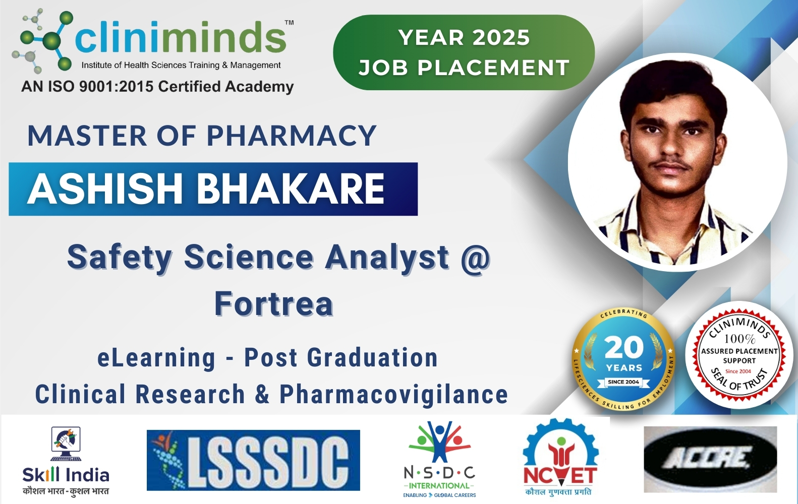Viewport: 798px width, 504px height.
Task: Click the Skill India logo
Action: tap(66, 460)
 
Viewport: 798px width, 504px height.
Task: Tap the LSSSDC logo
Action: tap(253, 460)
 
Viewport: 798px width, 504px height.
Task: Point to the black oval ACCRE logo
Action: tap(710, 459)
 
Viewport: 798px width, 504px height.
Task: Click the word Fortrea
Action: tap(274, 303)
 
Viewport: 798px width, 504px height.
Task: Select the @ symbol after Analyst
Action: tap(475, 258)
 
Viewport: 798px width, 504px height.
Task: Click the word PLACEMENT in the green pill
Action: tap(493, 68)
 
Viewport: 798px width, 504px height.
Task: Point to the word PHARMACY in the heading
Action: tap(291, 136)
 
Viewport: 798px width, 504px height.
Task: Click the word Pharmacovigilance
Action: tap(393, 394)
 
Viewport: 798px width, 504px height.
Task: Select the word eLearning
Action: tap(156, 358)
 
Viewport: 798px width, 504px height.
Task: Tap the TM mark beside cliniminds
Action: tap(289, 23)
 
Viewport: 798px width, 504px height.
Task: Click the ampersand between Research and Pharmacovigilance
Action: tap(262, 394)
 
